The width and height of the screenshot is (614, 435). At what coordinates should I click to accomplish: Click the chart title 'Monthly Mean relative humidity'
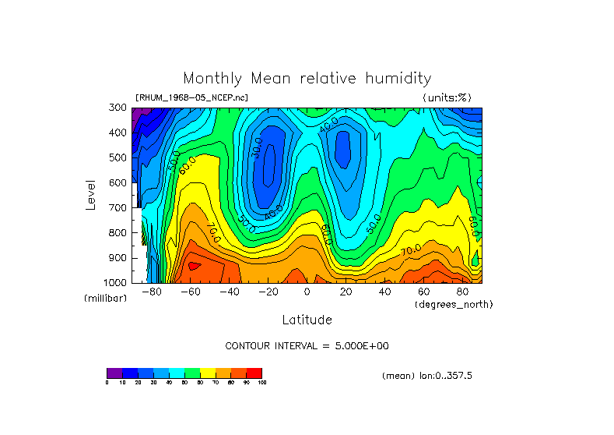tap(307, 79)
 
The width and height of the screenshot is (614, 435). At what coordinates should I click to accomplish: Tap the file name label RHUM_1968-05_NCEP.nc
tap(191, 97)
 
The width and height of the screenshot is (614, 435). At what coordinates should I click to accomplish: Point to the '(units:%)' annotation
tap(447, 97)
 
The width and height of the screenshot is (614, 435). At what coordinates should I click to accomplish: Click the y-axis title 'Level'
tap(91, 193)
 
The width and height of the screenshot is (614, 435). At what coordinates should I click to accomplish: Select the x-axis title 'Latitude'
tap(307, 320)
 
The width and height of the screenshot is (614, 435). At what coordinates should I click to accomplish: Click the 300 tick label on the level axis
tap(119, 108)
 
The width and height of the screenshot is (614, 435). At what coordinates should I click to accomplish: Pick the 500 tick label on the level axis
tap(119, 158)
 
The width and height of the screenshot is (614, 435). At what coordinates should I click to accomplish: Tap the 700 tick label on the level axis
tap(119, 208)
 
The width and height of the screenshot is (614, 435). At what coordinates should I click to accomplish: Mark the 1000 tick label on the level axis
tap(117, 282)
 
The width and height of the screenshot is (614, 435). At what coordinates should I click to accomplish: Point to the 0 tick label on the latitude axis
tap(307, 292)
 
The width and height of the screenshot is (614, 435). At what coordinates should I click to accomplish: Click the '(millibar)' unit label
tap(105, 299)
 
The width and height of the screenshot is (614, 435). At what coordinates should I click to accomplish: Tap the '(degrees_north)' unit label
tap(454, 303)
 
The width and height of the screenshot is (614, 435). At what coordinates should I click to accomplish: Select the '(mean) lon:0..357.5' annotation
tap(427, 375)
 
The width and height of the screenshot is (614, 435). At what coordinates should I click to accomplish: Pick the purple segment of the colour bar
tap(114, 373)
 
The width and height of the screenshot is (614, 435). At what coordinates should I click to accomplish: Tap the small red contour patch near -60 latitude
tap(194, 266)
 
